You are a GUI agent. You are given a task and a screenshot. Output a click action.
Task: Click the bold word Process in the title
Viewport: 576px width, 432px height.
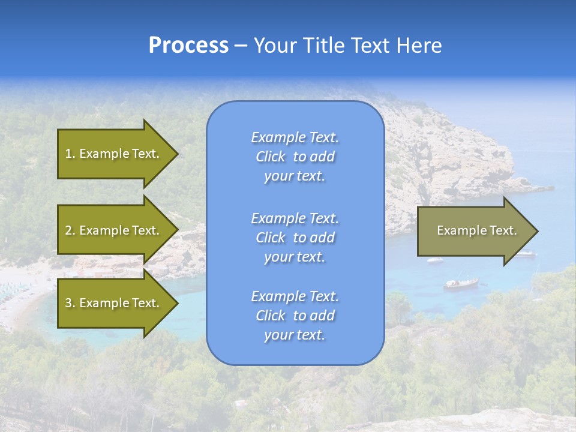tap(188, 46)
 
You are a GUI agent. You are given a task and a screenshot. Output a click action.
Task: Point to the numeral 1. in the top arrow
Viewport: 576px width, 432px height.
tap(70, 154)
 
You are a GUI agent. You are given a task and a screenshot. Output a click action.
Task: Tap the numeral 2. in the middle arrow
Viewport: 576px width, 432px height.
tap(70, 230)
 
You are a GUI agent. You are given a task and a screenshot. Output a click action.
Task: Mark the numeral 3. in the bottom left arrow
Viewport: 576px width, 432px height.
tap(70, 303)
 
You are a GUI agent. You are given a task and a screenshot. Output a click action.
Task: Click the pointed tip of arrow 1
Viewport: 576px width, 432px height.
tap(176, 154)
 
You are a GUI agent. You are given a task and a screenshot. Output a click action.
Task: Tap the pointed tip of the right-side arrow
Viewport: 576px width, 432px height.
tap(536, 231)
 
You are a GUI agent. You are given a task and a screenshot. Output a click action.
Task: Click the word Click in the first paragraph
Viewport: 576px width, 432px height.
tap(271, 157)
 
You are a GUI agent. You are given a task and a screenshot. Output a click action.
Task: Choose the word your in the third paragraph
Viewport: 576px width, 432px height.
tap(277, 335)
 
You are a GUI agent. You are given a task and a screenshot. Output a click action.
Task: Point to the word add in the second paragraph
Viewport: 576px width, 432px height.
tap(323, 238)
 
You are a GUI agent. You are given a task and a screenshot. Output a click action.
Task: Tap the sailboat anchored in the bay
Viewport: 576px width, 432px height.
tap(461, 283)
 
